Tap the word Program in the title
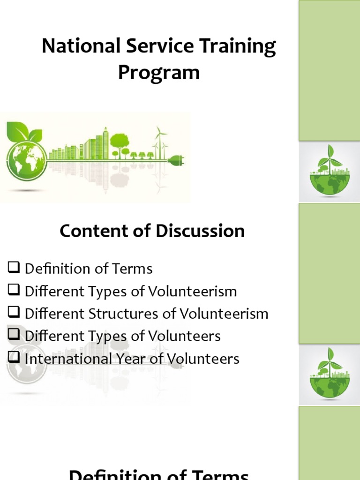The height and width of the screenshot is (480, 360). point(158,73)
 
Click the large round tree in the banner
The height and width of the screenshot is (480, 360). point(120,142)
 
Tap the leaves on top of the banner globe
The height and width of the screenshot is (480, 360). point(23,131)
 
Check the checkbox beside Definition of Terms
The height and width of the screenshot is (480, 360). point(14,268)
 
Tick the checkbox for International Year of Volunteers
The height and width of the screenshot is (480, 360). point(14,358)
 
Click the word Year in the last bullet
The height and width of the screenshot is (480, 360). point(123,359)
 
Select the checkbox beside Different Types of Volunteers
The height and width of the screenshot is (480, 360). point(14,336)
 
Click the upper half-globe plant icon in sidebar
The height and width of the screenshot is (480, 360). point(330,172)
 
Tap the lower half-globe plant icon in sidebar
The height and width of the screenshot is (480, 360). point(330,374)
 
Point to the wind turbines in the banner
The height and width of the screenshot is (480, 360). point(161,141)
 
